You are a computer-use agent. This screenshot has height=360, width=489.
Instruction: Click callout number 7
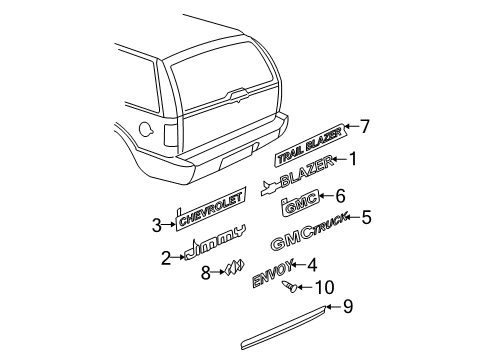click(x=365, y=126)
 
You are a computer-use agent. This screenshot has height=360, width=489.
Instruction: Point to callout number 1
click(x=352, y=156)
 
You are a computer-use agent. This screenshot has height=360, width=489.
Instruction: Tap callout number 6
click(x=340, y=197)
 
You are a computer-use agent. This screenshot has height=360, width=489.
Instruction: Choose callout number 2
click(x=165, y=258)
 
